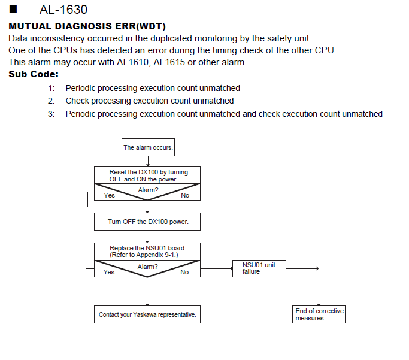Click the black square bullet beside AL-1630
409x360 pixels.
[x=13, y=9]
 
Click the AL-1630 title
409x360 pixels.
[x=63, y=10]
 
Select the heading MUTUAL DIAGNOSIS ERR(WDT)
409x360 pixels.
[x=87, y=26]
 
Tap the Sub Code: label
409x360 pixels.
[x=34, y=74]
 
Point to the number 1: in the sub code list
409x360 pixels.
[x=51, y=88]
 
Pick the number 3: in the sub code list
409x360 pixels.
[x=51, y=114]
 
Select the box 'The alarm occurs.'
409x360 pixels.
[x=148, y=147]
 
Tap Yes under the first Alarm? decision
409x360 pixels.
[x=110, y=195]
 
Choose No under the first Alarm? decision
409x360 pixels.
[x=185, y=195]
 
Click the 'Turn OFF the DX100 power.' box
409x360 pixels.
[x=147, y=222]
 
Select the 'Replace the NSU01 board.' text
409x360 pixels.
[x=148, y=248]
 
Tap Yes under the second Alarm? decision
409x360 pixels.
[x=109, y=272]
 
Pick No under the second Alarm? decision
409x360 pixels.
[x=184, y=272]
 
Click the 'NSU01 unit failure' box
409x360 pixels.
[x=259, y=268]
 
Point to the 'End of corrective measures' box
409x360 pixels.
[x=319, y=314]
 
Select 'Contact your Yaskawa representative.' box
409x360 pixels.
[x=147, y=314]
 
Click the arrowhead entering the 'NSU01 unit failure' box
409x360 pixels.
[x=231, y=268]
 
